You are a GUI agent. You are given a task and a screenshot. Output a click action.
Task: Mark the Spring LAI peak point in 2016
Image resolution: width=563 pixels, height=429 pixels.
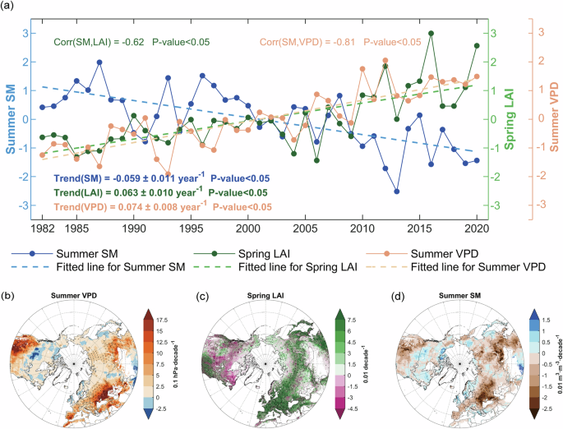431,34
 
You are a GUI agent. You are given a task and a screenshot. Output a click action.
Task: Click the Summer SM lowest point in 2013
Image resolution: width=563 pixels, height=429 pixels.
396,191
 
